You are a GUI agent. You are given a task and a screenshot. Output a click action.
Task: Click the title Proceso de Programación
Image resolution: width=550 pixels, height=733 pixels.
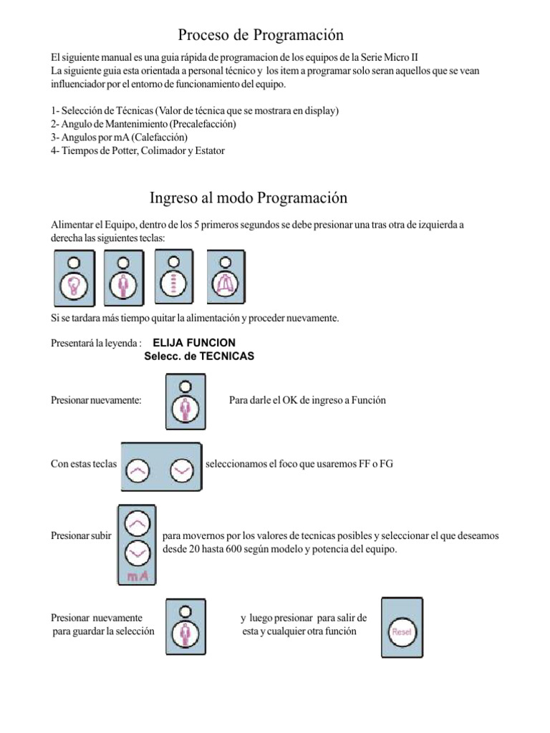tap(261, 34)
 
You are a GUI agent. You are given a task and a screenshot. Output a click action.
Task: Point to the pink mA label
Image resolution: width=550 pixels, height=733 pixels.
tap(137, 576)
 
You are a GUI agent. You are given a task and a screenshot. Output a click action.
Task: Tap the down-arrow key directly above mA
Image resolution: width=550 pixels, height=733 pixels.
tap(136, 553)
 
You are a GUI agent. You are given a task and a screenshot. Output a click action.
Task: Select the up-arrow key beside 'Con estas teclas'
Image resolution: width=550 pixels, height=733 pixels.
tap(139, 470)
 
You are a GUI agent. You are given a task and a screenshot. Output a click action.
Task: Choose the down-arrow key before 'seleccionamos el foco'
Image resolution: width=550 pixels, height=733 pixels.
tap(182, 470)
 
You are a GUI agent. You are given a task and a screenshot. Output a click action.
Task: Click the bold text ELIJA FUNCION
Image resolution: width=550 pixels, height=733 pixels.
tap(194, 343)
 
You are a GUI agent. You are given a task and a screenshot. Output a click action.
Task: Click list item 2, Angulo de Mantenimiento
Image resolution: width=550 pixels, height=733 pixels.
tap(144, 124)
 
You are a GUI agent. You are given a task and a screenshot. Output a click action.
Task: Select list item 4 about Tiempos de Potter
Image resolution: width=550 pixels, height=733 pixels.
tap(137, 150)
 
